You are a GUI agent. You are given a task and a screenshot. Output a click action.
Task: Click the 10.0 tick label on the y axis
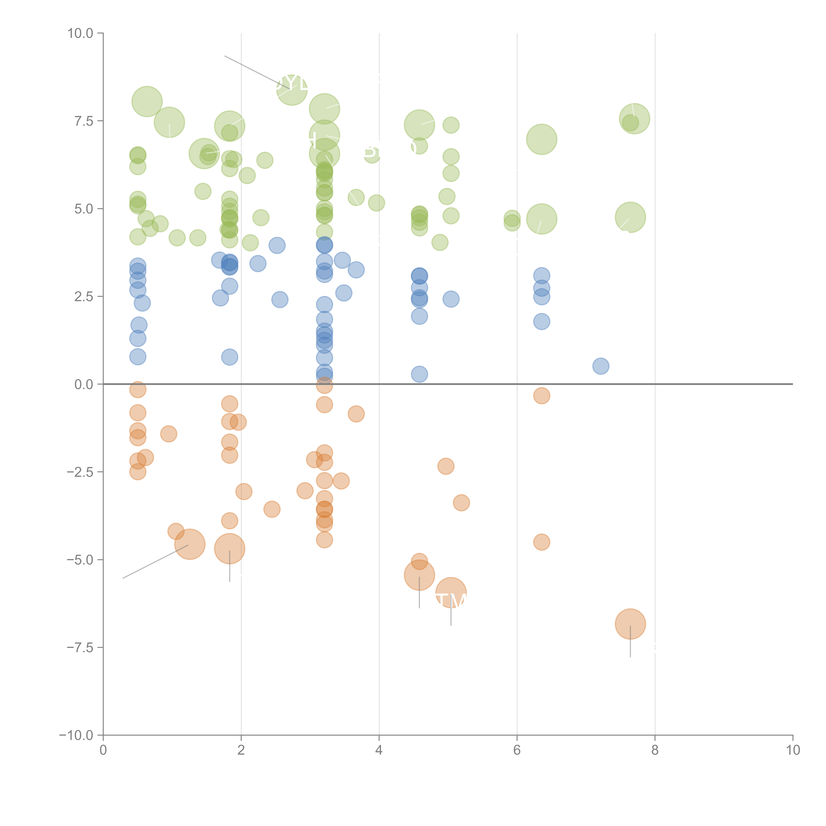(x=80, y=33)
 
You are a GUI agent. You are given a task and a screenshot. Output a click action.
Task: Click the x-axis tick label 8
(x=655, y=750)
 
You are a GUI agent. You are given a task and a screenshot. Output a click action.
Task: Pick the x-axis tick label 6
(x=517, y=750)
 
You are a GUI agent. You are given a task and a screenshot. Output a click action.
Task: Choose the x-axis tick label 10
(x=793, y=750)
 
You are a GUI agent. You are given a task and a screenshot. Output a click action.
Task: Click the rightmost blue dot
(x=601, y=366)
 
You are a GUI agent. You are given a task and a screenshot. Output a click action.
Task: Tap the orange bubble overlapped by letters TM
(x=451, y=593)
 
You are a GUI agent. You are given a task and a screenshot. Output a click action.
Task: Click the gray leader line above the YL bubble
(x=248, y=68)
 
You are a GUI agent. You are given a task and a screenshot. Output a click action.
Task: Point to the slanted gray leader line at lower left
(x=154, y=562)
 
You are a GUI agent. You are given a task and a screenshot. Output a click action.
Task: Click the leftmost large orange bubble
(x=190, y=544)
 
